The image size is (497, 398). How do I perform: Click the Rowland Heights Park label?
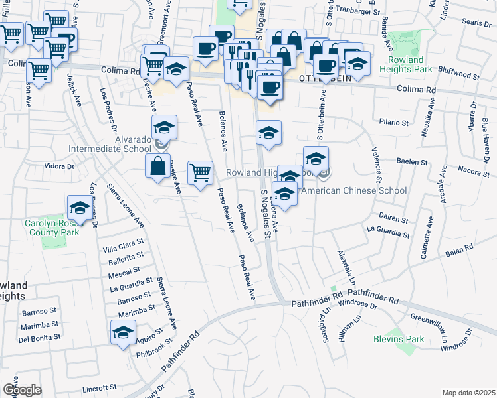click(x=410, y=64)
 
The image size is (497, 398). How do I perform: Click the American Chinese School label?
click(x=354, y=190)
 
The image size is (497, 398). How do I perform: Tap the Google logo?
click(x=21, y=390)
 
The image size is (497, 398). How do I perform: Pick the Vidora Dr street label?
click(x=58, y=166)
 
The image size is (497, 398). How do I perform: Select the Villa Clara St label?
click(x=123, y=249)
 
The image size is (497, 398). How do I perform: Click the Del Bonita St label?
click(x=39, y=337)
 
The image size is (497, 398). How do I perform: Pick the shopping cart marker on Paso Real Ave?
click(x=200, y=173)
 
